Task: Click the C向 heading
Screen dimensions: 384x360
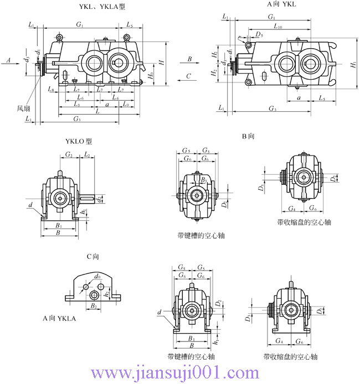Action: click(92, 256)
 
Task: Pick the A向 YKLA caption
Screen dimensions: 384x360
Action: click(59, 319)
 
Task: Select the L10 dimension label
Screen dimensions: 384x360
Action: click(278, 27)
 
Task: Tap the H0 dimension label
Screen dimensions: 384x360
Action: click(152, 75)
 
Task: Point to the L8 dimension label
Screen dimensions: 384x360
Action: click(50, 89)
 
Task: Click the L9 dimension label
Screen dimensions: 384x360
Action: click(126, 104)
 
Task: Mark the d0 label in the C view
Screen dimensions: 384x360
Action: click(97, 276)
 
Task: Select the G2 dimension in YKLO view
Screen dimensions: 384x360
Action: click(69, 155)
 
